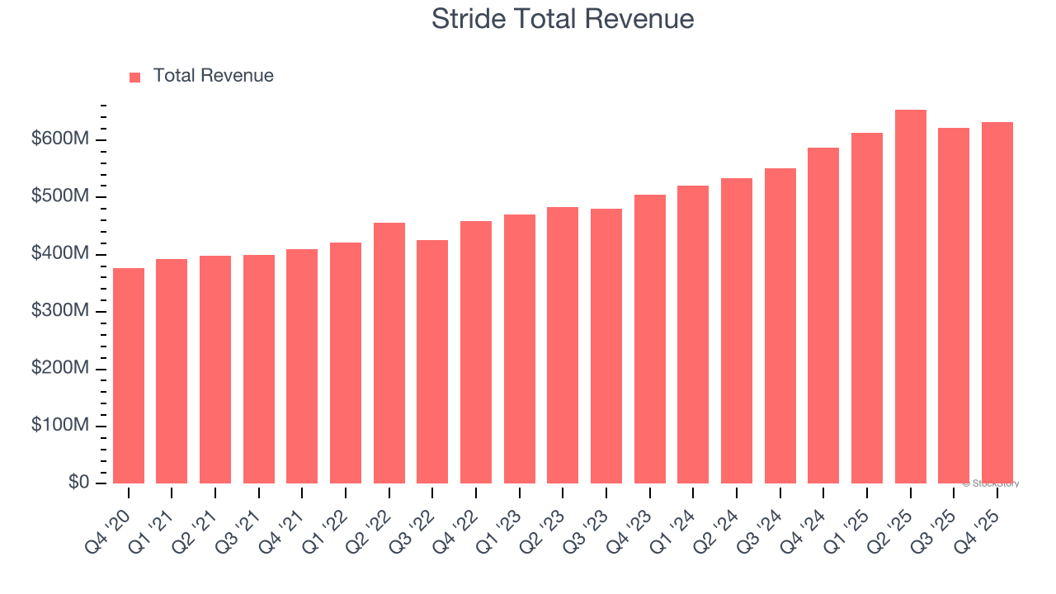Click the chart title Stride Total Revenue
coord(562,19)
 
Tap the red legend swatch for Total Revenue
coord(135,77)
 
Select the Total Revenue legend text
coord(213,76)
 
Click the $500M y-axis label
coord(59,197)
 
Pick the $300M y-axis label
coord(59,312)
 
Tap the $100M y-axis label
coord(59,426)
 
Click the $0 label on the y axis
coord(78,483)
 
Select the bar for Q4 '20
coord(129,375)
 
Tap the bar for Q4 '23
coord(650,338)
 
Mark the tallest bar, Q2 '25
coord(911,297)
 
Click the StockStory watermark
coord(990,483)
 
